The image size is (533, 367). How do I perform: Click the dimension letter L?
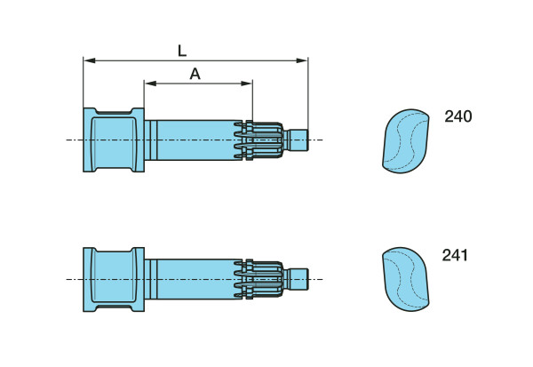(x=182, y=51)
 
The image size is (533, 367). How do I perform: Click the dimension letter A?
(x=195, y=74)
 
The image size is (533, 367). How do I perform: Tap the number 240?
(x=458, y=116)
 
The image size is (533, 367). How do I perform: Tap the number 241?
(x=455, y=255)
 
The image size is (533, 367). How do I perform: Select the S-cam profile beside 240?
(x=406, y=141)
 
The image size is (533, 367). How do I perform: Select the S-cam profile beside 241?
(x=406, y=280)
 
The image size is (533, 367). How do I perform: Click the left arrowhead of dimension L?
(x=89, y=60)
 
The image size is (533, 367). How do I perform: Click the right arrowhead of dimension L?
(x=302, y=60)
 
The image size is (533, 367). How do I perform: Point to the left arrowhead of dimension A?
(x=150, y=84)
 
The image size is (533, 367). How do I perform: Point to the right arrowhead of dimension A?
(x=246, y=84)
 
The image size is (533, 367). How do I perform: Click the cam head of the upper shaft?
(x=114, y=140)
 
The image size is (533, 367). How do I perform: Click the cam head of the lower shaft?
(x=114, y=280)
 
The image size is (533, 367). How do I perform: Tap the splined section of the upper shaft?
(x=259, y=140)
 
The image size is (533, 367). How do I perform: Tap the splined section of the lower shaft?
(x=259, y=279)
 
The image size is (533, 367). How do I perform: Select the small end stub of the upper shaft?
(x=298, y=140)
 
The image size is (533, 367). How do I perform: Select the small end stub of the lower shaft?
(x=298, y=279)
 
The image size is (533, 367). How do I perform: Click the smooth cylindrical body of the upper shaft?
(x=196, y=140)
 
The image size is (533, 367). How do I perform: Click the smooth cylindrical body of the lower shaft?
(x=196, y=279)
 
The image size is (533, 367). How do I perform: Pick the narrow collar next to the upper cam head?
(x=151, y=140)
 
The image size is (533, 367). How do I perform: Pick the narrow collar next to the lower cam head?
(x=151, y=279)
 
